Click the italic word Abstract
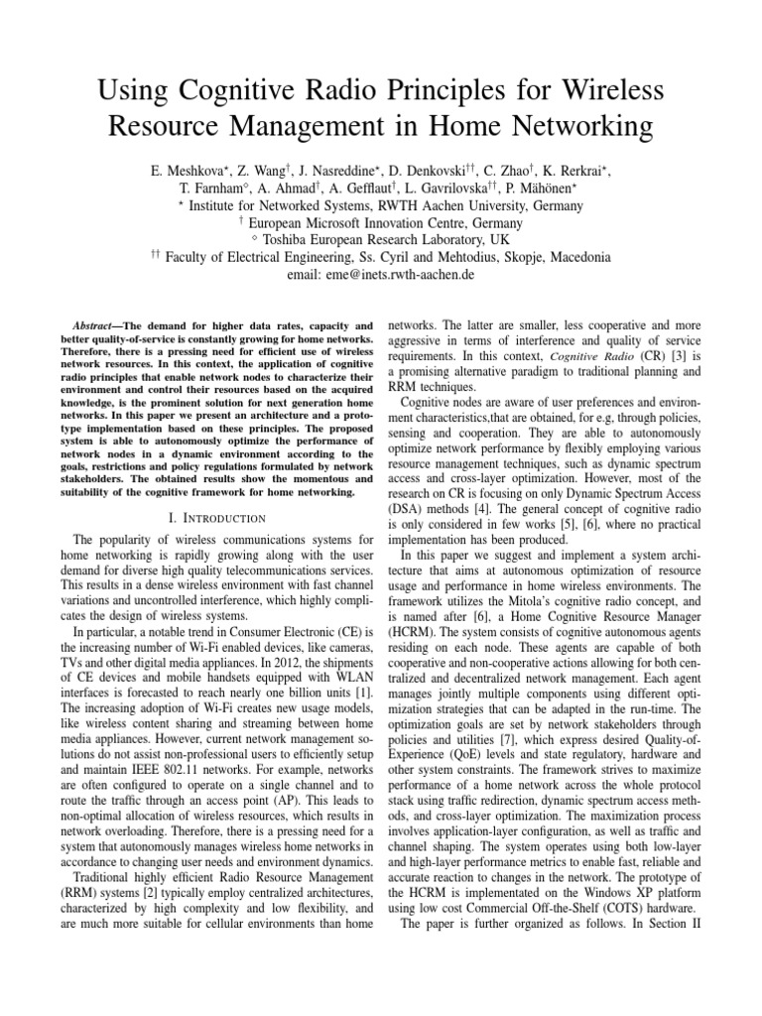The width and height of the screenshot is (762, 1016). coord(96,324)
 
